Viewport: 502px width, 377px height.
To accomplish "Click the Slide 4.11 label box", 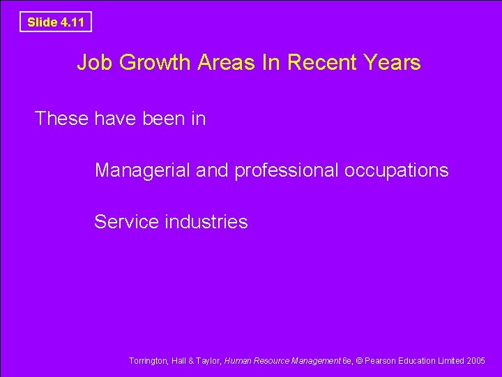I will [55, 22].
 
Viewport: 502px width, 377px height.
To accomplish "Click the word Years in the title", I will [392, 63].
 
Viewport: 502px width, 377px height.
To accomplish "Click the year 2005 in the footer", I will [476, 361].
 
